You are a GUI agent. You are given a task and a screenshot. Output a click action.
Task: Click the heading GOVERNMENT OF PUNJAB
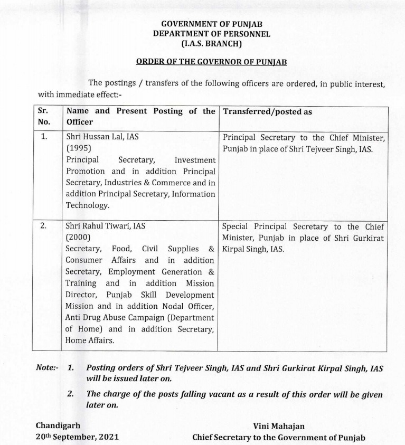pos(211,24)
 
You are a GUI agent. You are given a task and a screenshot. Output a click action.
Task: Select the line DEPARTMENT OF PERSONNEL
pos(211,34)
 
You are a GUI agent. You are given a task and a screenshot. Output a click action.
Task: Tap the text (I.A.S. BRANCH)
pos(211,44)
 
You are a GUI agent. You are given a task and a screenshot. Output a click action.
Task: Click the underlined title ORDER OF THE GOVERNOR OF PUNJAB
pos(211,62)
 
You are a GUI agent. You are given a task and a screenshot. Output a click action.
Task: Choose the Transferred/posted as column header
pos(268,112)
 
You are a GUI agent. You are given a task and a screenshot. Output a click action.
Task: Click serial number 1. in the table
pos(44,137)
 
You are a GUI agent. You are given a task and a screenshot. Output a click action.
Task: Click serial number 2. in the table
pos(44,225)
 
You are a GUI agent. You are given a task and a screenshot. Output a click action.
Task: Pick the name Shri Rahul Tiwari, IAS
pos(105,225)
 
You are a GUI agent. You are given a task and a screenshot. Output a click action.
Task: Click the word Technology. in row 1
pos(88,205)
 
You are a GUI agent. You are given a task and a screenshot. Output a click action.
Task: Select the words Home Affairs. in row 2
pos(89,341)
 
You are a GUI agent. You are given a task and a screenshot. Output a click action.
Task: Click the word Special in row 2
pos(236,226)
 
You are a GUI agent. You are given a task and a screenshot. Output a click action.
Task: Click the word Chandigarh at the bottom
pos(58,425)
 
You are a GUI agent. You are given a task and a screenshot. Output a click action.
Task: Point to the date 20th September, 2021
pos(77,437)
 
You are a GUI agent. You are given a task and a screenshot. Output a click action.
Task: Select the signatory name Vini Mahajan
pos(279,426)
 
